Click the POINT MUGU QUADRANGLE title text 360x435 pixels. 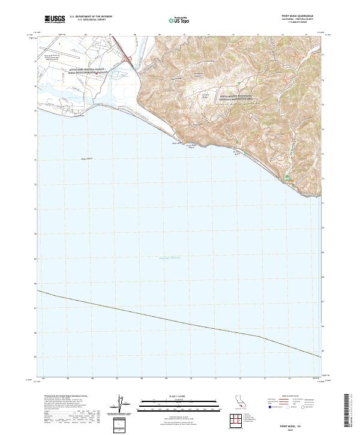[x=299, y=16]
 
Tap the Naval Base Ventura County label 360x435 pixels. [x=91, y=71]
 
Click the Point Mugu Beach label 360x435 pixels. [x=190, y=146]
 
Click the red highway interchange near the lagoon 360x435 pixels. [x=128, y=58]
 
